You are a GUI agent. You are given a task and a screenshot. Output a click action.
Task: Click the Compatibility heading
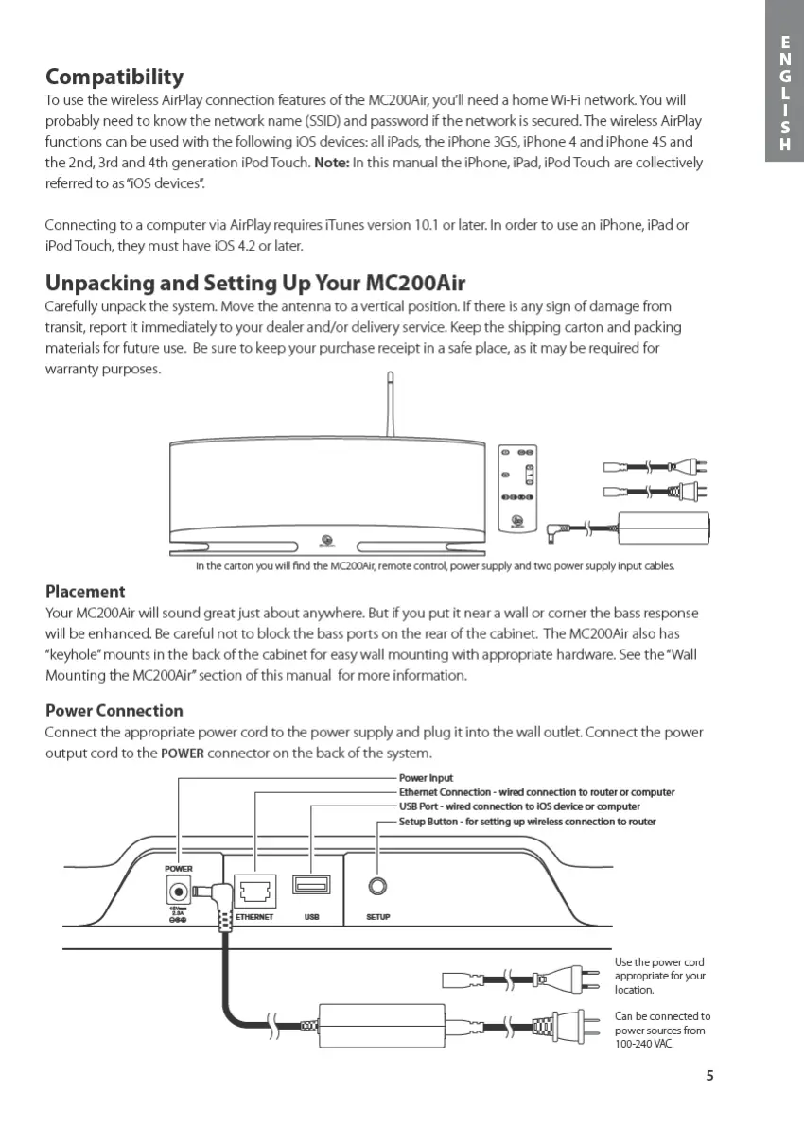coord(114,77)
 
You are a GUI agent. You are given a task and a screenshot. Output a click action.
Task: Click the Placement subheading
coord(85,591)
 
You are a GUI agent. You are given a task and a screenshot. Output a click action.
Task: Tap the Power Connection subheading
coord(114,710)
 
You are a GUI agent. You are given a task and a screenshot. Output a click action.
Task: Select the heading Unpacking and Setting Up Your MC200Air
coord(255,283)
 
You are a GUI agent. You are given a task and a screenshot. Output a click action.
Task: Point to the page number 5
coord(709,1074)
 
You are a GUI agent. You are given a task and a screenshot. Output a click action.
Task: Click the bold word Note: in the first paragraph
coord(332,163)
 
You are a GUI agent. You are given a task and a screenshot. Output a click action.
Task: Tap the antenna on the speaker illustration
coord(390,407)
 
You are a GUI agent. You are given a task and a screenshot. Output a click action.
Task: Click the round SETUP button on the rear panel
coord(378,886)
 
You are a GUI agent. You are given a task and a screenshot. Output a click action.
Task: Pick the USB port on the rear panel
coord(311,886)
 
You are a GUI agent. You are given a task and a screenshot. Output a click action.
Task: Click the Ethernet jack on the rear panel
coord(253,890)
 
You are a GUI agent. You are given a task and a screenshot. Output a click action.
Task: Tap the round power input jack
coord(177,890)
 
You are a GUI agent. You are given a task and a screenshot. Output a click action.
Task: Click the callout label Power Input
coord(426,778)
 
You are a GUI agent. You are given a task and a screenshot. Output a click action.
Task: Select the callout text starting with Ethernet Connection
coord(536,792)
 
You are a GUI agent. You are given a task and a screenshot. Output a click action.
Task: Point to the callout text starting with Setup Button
coord(527,822)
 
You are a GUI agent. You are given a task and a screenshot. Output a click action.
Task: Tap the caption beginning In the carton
coord(434,566)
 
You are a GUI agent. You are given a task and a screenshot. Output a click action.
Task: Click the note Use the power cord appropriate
coord(659,976)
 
